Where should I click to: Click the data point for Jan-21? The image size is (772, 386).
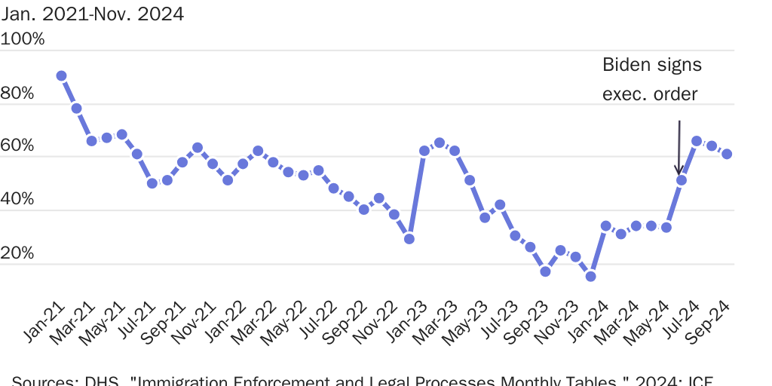tap(61, 76)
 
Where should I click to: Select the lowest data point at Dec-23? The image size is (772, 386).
tap(590, 277)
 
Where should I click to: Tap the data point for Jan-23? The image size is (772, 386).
tap(424, 151)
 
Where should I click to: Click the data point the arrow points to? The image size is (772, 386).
tap(682, 180)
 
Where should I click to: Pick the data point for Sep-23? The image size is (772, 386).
tap(545, 271)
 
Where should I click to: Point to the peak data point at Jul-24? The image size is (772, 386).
tap(697, 142)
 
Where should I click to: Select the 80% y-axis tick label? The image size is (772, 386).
tap(20, 93)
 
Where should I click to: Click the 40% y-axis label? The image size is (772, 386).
tap(20, 200)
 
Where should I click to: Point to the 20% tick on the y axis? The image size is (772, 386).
tap(20, 253)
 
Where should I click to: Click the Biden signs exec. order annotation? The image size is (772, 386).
tap(651, 79)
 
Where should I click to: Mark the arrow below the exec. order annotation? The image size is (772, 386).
tap(679, 147)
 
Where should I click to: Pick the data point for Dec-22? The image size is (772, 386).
tap(409, 239)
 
